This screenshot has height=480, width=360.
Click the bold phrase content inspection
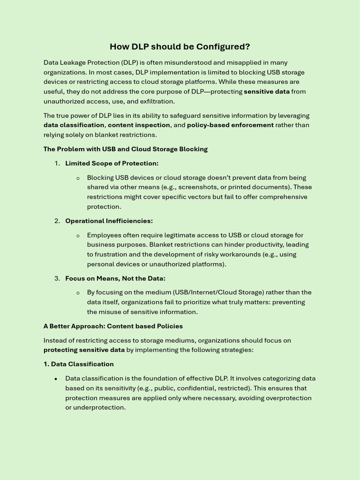139,125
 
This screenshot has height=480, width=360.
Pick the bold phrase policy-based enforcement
230,125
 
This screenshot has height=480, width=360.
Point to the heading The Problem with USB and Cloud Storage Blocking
125,149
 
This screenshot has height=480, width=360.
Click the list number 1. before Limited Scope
57,163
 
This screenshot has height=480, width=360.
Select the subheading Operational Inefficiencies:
109,221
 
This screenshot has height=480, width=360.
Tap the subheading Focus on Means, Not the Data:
115,278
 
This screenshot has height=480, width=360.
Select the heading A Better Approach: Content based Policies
113,326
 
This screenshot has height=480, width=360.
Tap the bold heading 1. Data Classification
78,364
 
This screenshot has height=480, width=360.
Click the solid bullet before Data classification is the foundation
56,379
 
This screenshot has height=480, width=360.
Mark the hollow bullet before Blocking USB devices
78,178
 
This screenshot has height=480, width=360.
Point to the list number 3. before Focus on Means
57,278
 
